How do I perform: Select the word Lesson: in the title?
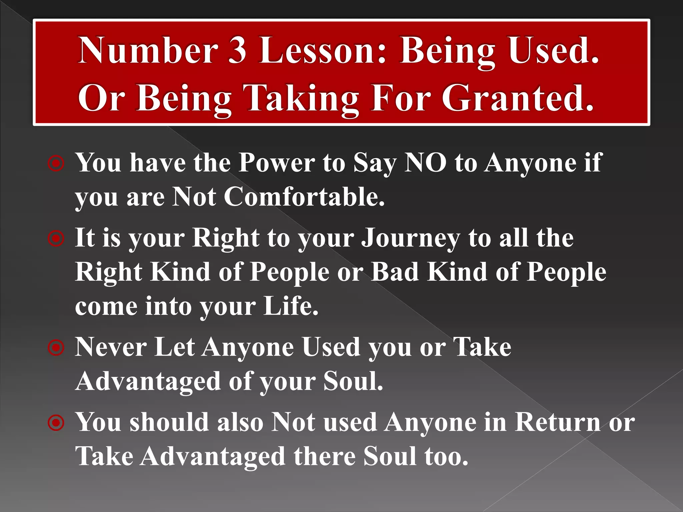323,51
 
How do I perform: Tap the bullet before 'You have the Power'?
56,164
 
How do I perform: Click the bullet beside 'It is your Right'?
56,239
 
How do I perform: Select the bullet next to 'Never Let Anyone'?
56,348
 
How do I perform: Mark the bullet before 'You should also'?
56,423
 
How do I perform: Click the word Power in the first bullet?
277,163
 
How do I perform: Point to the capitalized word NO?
425,163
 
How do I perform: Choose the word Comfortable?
304,197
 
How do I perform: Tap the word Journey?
411,238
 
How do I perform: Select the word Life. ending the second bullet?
290,306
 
